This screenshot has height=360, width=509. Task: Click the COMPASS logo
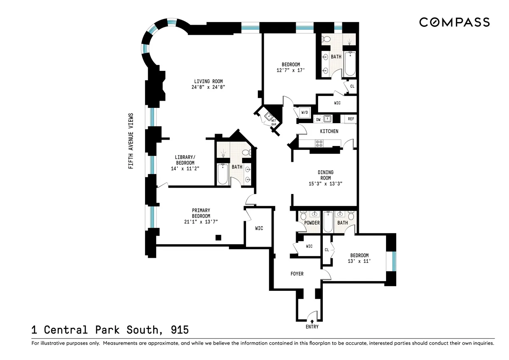click(454, 22)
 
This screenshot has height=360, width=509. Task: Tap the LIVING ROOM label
click(208, 82)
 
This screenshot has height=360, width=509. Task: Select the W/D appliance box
click(305, 112)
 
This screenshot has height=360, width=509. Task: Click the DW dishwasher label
click(318, 119)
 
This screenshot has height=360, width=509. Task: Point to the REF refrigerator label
click(351, 119)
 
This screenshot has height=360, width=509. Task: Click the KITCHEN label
click(329, 131)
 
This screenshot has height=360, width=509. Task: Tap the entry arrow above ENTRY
click(312, 321)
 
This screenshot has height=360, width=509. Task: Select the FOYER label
click(297, 274)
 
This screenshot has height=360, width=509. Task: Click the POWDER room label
click(312, 223)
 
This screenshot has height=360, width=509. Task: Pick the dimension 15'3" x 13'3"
click(325, 184)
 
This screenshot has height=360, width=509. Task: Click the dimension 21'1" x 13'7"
click(201, 222)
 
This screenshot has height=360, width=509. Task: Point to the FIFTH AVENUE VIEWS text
click(131, 141)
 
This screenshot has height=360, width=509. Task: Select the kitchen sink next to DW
click(327, 119)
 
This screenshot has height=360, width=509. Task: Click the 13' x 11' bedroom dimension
click(359, 261)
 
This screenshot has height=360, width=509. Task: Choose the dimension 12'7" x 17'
click(291, 70)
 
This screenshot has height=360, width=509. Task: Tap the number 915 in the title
click(180, 330)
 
